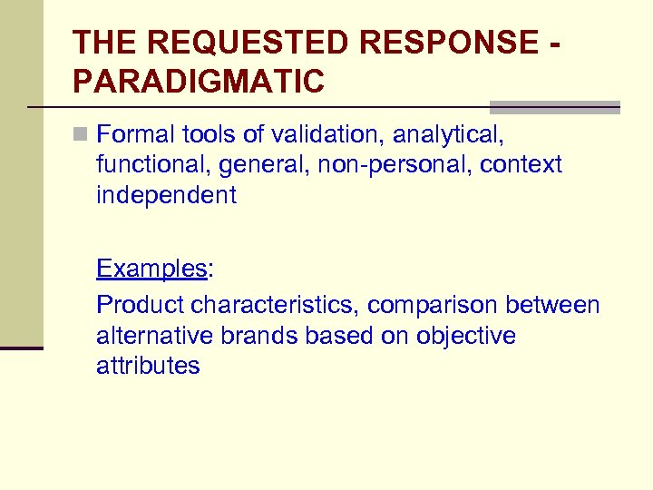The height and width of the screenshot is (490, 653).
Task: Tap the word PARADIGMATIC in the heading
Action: tap(198, 82)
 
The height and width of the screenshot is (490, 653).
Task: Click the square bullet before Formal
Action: tap(81, 135)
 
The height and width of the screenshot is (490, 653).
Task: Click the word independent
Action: tap(166, 195)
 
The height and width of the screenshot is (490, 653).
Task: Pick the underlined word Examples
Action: tap(151, 269)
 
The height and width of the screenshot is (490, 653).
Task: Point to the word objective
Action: tap(466, 336)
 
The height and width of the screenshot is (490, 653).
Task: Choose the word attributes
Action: tap(148, 366)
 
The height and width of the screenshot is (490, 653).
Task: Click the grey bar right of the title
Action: tap(554, 106)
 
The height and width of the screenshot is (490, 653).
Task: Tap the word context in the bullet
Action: tap(521, 165)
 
